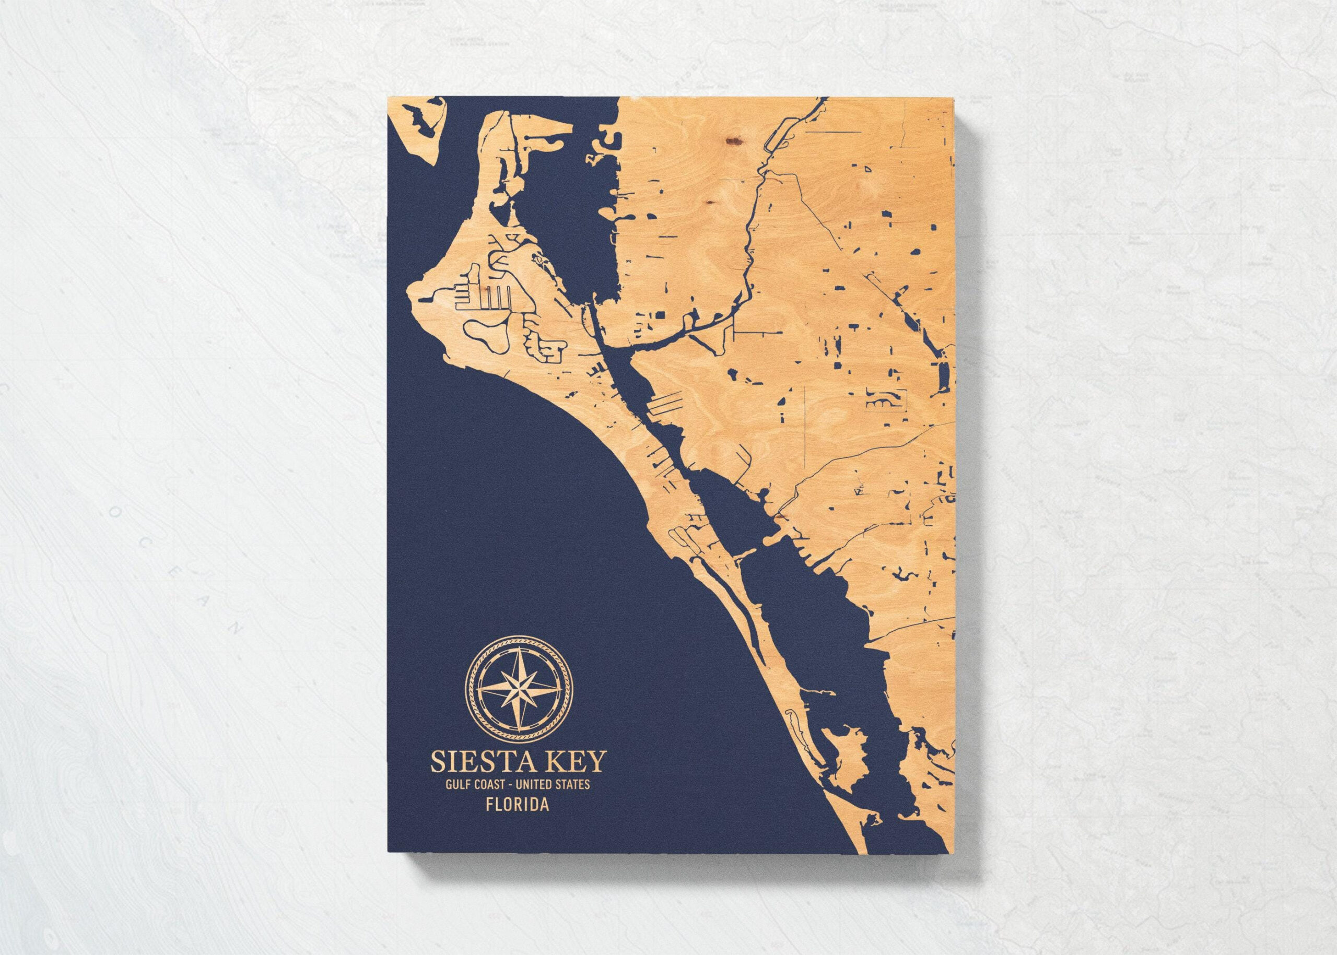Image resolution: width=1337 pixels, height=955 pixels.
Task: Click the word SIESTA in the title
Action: pyautogui.click(x=474, y=762)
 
